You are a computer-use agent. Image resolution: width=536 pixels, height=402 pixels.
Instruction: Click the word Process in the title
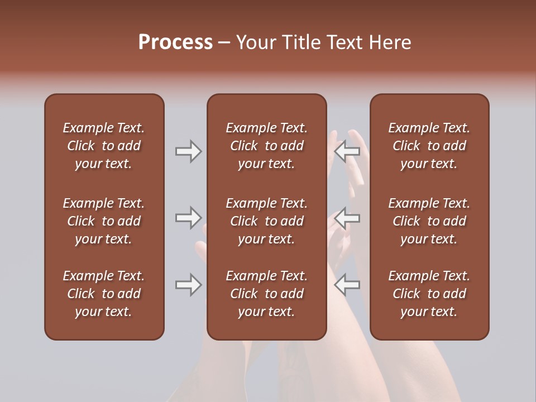175,42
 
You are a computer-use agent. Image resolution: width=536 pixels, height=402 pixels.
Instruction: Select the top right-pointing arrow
188,151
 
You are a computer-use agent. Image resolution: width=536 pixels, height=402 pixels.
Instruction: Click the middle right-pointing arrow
188,217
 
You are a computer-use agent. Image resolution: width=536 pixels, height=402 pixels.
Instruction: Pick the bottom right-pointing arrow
188,285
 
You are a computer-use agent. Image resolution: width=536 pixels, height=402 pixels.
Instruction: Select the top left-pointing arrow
347,151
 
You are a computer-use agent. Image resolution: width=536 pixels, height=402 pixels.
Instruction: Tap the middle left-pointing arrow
347,217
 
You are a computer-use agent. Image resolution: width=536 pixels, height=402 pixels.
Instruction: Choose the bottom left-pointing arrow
347,285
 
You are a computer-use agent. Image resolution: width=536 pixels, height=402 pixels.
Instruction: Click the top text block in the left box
104,146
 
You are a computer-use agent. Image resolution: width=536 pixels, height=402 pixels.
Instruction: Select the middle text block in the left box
104,221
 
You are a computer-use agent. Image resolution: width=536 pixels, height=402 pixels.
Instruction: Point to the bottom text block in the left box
104,294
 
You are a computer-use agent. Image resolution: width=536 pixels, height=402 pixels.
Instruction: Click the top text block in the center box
266,146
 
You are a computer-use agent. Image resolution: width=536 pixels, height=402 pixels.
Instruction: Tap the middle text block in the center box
266,221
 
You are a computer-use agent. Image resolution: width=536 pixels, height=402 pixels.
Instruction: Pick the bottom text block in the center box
266,294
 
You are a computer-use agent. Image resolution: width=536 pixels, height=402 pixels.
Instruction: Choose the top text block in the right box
429,146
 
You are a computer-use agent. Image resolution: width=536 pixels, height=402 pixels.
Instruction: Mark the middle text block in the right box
429,221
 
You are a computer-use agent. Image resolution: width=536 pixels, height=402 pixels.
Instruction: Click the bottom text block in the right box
429,294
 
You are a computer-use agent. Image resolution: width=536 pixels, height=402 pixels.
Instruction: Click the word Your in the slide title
255,42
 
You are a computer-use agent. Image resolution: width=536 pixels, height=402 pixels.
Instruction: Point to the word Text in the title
346,42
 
